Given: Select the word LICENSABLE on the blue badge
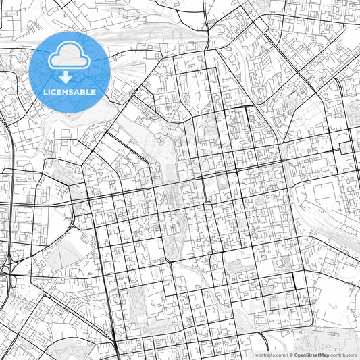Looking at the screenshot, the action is (69, 92).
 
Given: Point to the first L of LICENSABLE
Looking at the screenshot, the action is (45, 92).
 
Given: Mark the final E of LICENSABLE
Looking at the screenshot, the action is (93, 92).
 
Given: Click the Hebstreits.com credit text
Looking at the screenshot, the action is (268, 354).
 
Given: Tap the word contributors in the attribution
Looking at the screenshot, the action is (343, 354).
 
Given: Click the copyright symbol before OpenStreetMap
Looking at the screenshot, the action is (290, 354).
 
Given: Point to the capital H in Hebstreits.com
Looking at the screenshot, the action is (254, 354).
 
